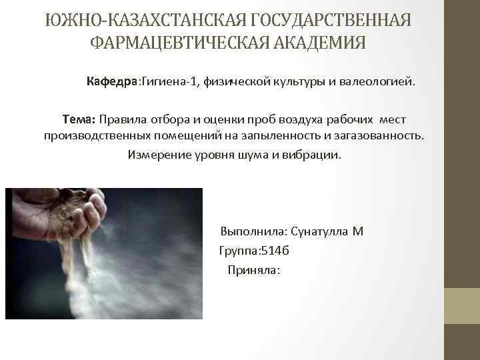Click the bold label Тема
pos(79,119)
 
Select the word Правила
pos(125,119)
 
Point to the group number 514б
pos(272,251)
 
